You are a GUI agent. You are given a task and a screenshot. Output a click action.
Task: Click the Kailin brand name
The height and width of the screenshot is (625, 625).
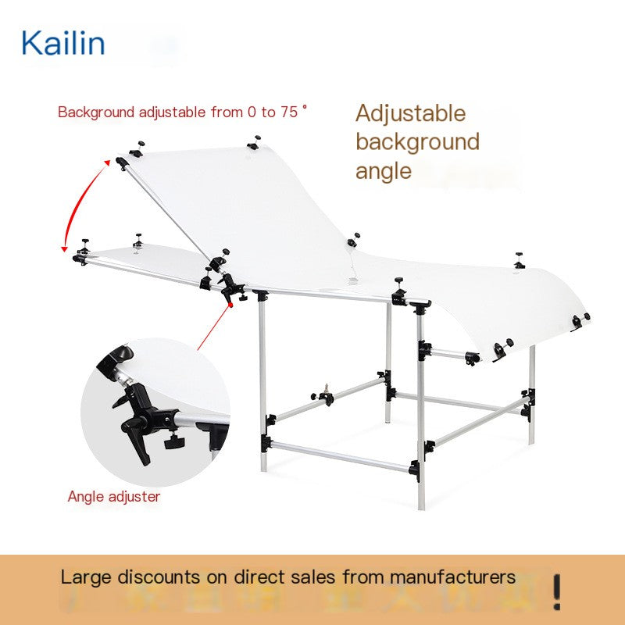coord(63,43)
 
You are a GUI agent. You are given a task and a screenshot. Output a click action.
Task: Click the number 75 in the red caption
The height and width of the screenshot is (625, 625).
coord(288,112)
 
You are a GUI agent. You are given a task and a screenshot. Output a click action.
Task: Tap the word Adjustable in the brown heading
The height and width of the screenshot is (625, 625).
coord(411,114)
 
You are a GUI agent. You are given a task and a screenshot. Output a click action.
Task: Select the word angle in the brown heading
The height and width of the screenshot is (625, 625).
coord(383,172)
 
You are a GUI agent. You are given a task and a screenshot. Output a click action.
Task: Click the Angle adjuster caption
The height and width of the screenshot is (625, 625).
coord(114,497)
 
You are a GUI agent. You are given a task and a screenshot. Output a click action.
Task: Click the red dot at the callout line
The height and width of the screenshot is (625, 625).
coord(230,305)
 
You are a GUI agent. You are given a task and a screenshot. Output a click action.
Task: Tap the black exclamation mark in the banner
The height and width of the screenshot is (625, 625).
coord(557,591)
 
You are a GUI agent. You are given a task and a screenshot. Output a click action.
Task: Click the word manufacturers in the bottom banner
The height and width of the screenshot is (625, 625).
coord(452,577)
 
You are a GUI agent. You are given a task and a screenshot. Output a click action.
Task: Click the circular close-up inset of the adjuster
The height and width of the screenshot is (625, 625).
coord(155,412)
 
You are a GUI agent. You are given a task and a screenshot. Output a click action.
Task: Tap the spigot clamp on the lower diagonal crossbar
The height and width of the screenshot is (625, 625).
coord(324,396)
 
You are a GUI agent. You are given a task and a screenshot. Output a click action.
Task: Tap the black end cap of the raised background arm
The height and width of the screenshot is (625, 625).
coord(122,162)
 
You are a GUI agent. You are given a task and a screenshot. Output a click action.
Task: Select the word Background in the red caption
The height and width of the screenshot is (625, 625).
coord(96,112)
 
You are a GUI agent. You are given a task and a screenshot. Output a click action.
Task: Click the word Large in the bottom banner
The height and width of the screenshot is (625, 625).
coord(86,577)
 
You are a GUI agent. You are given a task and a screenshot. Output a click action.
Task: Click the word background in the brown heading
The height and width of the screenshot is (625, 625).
coord(417,142)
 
